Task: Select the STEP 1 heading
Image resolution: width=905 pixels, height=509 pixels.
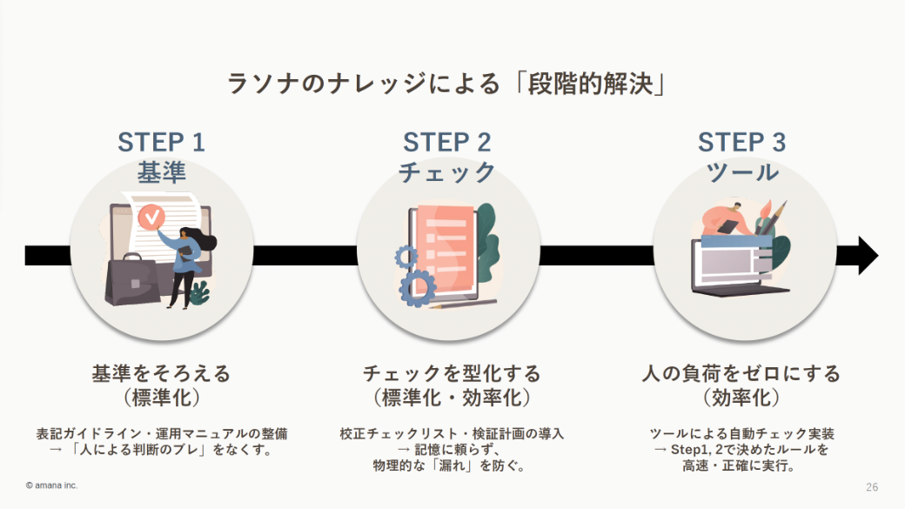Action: [x=161, y=142]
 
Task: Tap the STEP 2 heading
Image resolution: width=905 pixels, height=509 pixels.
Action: [x=446, y=142]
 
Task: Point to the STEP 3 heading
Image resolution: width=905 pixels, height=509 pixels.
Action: [x=741, y=142]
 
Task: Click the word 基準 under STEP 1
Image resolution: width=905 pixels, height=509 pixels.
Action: [x=161, y=172]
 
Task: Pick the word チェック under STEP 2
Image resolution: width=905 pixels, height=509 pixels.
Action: [x=446, y=172]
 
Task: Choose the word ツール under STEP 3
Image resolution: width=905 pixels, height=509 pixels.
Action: [x=741, y=172]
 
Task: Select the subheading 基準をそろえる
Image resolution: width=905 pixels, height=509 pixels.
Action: [x=161, y=374]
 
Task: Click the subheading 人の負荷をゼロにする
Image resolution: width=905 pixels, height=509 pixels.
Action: [x=741, y=374]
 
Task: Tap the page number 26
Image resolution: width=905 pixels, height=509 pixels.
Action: [x=872, y=486]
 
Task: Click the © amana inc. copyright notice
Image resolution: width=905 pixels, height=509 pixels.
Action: [x=51, y=486]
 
